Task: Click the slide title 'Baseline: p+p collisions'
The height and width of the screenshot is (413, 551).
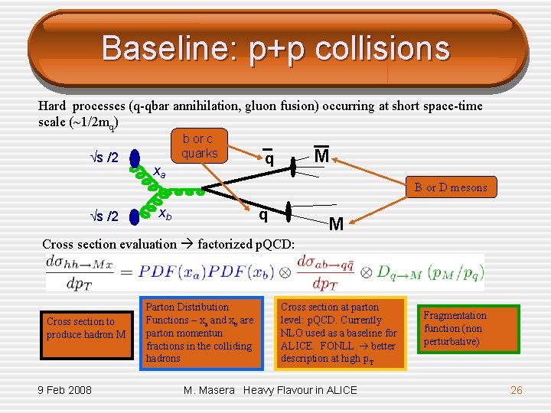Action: [275, 48]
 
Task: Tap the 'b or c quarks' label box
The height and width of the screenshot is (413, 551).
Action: [199, 146]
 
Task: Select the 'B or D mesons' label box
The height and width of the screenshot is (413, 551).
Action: [451, 187]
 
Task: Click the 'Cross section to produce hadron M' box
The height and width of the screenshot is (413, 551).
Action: [86, 328]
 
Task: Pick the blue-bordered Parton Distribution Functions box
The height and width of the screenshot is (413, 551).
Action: [201, 333]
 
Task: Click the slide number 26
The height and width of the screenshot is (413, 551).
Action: [516, 390]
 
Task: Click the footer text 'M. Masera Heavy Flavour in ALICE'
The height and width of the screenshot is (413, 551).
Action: [270, 390]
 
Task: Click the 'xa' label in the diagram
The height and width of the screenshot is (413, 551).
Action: [158, 172]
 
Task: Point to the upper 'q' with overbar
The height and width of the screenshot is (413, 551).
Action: [269, 158]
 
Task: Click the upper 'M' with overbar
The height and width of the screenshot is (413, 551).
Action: [322, 156]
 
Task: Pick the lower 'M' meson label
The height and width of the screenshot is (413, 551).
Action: [335, 224]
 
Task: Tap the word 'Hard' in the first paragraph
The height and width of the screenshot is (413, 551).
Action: [53, 106]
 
